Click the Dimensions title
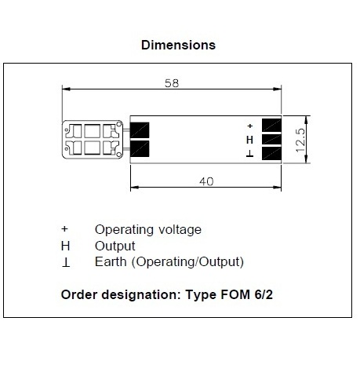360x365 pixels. coord(178,45)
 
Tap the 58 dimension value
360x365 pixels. coord(172,83)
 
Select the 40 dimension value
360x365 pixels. coord(206,181)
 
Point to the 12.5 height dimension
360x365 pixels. coord(300,140)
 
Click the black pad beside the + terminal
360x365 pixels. coord(271,125)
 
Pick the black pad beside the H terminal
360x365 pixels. coord(271,139)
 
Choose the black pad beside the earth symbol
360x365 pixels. coord(271,153)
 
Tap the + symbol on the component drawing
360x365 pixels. coord(250,126)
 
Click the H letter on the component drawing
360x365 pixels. coord(249,140)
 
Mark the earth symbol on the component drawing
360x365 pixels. coord(249,154)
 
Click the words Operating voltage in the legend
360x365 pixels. coord(148,230)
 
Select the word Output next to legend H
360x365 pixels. coord(115,246)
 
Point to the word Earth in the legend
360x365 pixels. coord(111,261)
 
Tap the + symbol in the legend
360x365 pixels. coord(64,229)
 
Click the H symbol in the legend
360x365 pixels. coord(65,246)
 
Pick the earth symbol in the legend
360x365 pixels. coord(66,262)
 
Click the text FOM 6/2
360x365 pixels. coord(246,294)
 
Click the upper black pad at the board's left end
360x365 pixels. coord(140,130)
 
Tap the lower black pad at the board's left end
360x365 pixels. coord(140,149)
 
